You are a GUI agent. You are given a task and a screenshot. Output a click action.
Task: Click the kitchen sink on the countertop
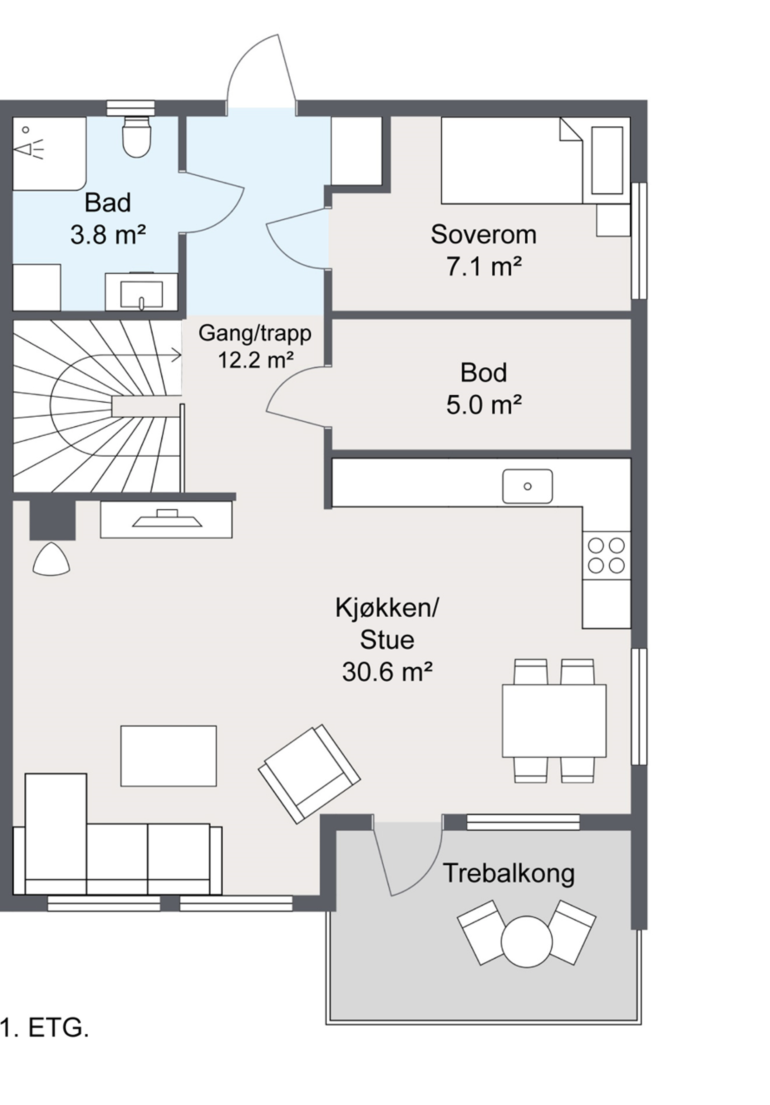[x=527, y=486]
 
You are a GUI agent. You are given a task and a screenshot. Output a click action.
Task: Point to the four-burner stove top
[x=606, y=555]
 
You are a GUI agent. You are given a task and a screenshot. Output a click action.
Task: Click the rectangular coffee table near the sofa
[x=168, y=756]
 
